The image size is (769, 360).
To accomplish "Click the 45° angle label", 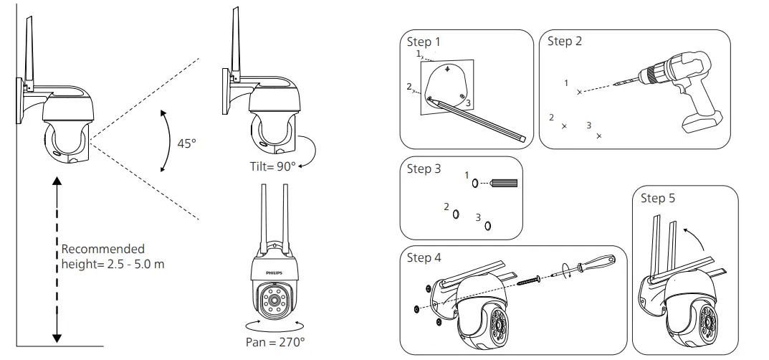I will click(186, 143).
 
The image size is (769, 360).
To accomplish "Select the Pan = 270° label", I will click(274, 342).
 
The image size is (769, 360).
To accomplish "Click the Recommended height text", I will click(113, 257).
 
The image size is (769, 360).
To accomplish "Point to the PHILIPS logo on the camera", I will click(274, 273).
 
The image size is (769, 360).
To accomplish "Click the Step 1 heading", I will click(424, 42).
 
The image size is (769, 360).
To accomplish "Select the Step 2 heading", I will click(565, 41).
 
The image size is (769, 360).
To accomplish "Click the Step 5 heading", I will click(657, 198).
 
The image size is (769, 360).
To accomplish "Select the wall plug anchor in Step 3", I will click(503, 183).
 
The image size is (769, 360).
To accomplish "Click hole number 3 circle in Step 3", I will click(488, 225).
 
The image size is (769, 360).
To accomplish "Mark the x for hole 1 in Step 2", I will click(579, 92).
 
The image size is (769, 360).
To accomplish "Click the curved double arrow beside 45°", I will click(166, 141).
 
